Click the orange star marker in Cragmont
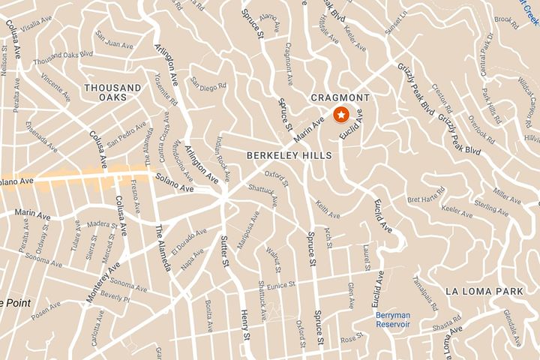pyautogui.click(x=341, y=115)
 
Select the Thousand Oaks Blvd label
pyautogui.click(x=63, y=57)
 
